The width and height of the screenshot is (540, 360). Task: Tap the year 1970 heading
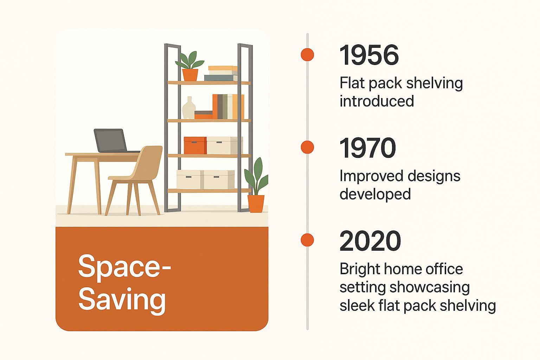pyautogui.click(x=368, y=148)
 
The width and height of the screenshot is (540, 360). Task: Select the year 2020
pyautogui.click(x=370, y=240)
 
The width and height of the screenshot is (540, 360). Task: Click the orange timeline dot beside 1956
pyautogui.click(x=307, y=54)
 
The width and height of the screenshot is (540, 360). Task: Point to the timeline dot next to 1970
pyautogui.click(x=307, y=147)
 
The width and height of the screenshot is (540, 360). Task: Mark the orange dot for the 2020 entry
pyautogui.click(x=307, y=240)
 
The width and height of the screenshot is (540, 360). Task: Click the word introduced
pyautogui.click(x=377, y=101)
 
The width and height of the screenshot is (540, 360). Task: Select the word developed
pyautogui.click(x=375, y=194)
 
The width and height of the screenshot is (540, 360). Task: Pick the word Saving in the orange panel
pyautogui.click(x=122, y=300)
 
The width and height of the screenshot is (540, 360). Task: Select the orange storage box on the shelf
pyautogui.click(x=195, y=146)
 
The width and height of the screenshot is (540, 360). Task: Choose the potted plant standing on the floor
pyautogui.click(x=256, y=185)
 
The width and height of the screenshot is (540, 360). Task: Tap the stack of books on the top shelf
pyautogui.click(x=221, y=73)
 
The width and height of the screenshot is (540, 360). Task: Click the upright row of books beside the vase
pyautogui.click(x=228, y=107)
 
